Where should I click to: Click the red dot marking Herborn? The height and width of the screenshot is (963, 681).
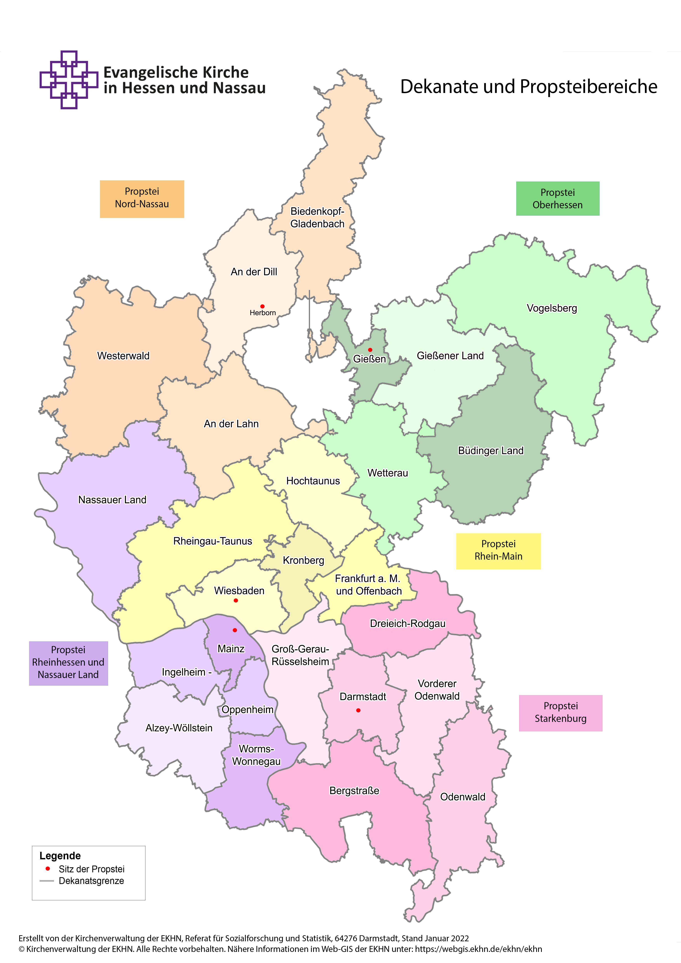pyautogui.click(x=262, y=306)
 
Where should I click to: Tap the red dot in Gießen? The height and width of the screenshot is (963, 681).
pyautogui.click(x=370, y=350)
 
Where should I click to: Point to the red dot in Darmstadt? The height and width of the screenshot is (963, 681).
pyautogui.click(x=358, y=710)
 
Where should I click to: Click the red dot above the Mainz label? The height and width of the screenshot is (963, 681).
pyautogui.click(x=235, y=630)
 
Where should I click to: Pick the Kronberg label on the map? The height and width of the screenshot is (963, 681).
pyautogui.click(x=303, y=560)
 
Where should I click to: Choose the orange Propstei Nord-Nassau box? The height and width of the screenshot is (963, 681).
pyautogui.click(x=142, y=199)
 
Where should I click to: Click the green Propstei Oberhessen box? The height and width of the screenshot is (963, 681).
pyautogui.click(x=557, y=198)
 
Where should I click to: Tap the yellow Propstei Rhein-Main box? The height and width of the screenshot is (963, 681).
pyautogui.click(x=498, y=551)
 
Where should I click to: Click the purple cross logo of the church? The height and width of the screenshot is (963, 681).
pyautogui.click(x=69, y=80)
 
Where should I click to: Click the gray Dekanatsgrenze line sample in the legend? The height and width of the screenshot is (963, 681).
pyautogui.click(x=47, y=881)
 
